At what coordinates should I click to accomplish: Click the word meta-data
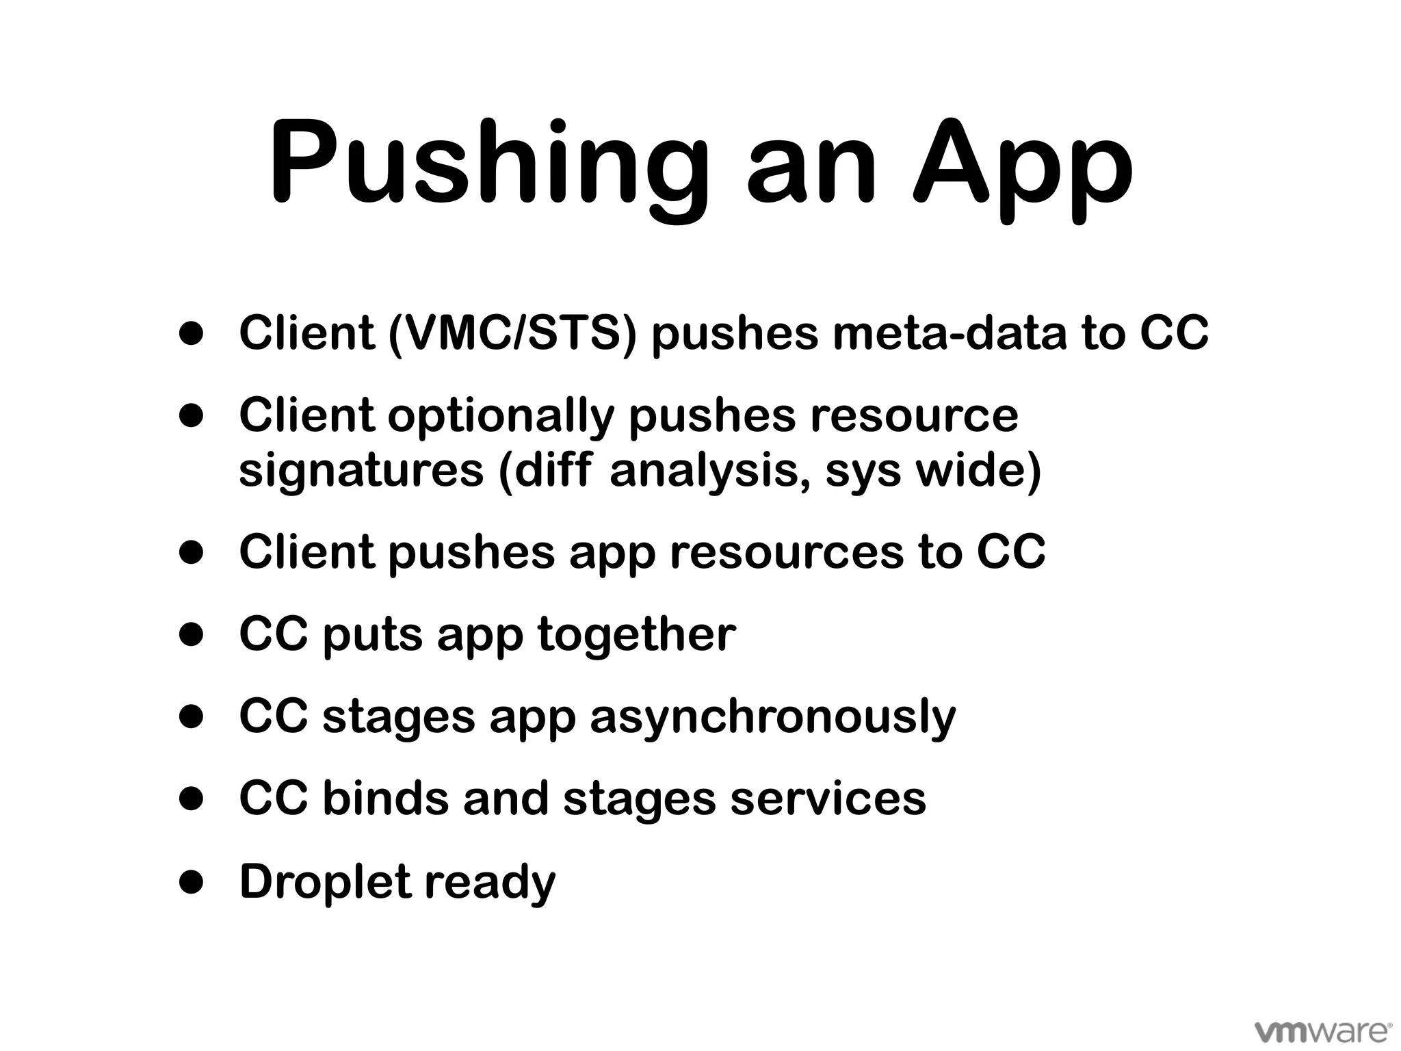tap(950, 333)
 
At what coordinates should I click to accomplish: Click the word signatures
tap(361, 471)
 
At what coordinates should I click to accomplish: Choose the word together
tap(637, 634)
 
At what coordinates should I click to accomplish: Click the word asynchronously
tap(772, 717)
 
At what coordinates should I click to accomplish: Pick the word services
tap(828, 799)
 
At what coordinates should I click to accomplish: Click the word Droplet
tap(324, 881)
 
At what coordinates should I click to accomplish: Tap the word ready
tap(490, 881)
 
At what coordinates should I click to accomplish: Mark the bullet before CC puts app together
tap(192, 634)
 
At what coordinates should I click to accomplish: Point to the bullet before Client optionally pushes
tap(192, 415)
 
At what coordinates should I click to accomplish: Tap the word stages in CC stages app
tap(399, 717)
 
